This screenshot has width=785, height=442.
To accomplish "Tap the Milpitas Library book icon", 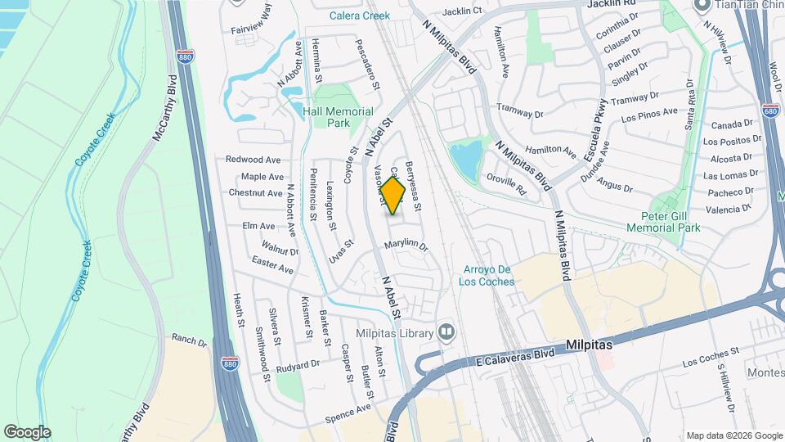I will (446, 331).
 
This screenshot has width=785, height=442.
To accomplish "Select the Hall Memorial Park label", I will (338, 117).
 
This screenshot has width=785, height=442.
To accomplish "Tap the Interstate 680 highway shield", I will (769, 109).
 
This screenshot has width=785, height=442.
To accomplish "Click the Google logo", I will (27, 431).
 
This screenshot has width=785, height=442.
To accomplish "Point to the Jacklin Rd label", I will (608, 3).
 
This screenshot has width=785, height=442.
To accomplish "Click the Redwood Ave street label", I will (253, 160).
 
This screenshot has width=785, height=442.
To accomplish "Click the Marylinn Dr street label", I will (406, 245).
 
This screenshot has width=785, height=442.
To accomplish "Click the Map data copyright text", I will (733, 435).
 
